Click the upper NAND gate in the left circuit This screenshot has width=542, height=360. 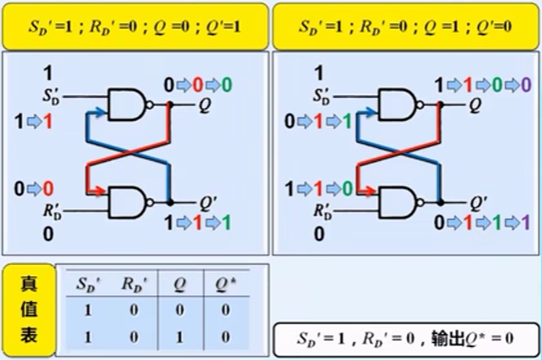126,105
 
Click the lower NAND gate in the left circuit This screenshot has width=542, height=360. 126,202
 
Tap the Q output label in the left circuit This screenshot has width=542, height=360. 203,105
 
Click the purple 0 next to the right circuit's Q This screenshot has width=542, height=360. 525,85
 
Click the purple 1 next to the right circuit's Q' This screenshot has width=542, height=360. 525,222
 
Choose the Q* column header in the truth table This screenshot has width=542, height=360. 224,284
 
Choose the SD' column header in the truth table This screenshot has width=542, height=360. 87,284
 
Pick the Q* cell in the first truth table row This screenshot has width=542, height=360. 224,310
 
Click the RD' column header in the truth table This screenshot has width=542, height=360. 132,284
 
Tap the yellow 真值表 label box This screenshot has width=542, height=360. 28,309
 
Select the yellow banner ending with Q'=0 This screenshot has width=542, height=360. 404,26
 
